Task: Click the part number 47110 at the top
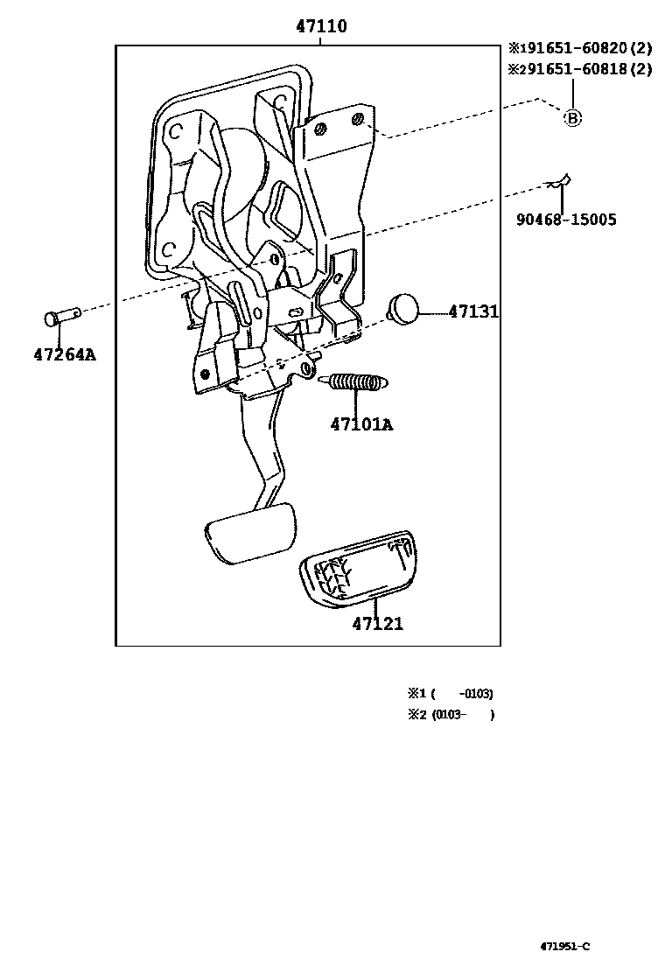coord(320,27)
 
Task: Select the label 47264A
coord(64,354)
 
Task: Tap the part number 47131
coord(473,311)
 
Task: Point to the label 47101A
coord(361,425)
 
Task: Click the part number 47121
coord(377,624)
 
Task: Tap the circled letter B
coord(571,117)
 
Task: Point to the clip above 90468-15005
coord(557,182)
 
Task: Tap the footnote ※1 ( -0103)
coord(450,693)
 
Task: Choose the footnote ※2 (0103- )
coord(450,714)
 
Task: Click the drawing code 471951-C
coord(564,946)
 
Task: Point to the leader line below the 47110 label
coord(320,41)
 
